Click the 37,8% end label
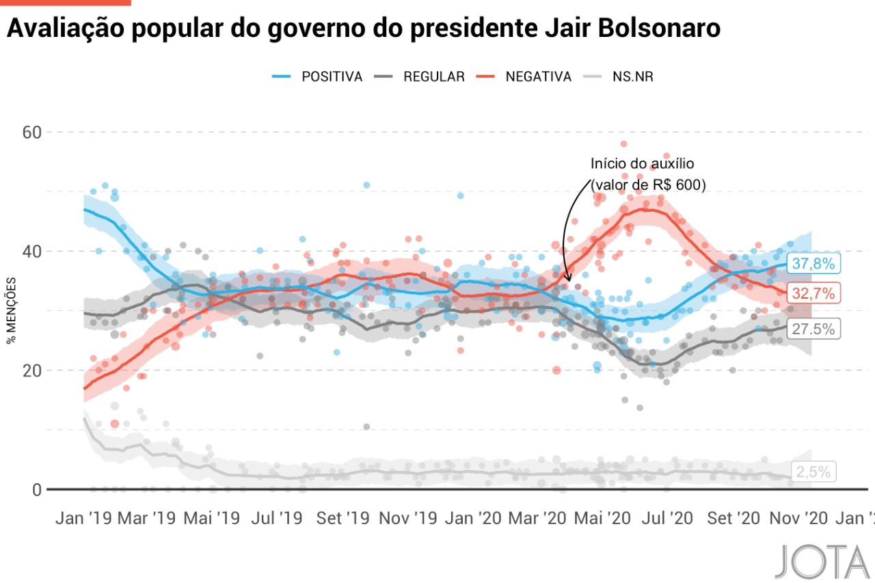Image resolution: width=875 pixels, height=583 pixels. [x=813, y=264]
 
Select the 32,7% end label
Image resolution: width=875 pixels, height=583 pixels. [x=813, y=294]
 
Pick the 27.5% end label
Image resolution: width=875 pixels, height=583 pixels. [x=813, y=329]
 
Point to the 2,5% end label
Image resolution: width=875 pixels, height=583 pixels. [x=813, y=472]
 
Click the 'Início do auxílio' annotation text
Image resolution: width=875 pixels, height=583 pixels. [x=642, y=164]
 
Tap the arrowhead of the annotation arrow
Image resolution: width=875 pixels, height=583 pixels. [x=567, y=278]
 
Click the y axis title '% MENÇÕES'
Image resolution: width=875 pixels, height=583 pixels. [x=12, y=310]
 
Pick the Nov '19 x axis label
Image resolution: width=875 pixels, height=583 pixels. [x=407, y=518]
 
